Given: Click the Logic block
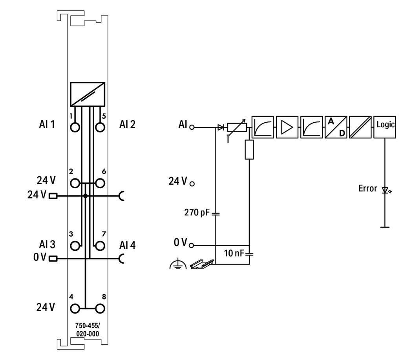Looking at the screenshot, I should click(385, 127).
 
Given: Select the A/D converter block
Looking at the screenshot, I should click(336, 127).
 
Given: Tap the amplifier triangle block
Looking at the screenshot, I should click(287, 127).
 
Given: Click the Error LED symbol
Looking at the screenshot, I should click(385, 190).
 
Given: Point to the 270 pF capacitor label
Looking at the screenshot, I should click(197, 213).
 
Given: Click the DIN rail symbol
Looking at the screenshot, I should click(202, 265).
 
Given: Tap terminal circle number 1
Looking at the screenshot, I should click(75, 127).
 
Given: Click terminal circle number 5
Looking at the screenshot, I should click(100, 127).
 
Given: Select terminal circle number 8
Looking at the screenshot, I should click(100, 308).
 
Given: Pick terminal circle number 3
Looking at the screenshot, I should click(75, 246).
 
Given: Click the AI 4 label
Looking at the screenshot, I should click(127, 245).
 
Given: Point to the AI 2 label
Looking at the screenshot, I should click(127, 125).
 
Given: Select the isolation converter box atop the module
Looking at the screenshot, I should click(88, 94).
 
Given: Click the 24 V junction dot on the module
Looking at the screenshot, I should click(85, 195).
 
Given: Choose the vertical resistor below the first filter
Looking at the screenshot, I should click(249, 150).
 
